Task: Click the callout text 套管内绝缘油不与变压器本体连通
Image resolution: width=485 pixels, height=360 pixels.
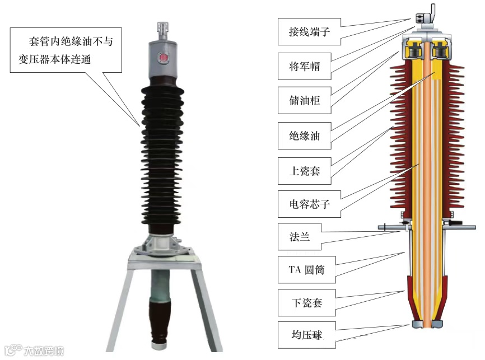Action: click(x=66, y=51)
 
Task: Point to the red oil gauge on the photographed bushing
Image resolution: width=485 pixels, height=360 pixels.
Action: click(x=163, y=58)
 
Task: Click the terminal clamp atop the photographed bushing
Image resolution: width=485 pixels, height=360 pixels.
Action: click(x=163, y=29)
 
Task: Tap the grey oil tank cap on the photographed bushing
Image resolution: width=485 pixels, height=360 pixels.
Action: click(x=163, y=62)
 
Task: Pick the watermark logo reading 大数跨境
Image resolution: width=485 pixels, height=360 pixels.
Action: click(x=34, y=350)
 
